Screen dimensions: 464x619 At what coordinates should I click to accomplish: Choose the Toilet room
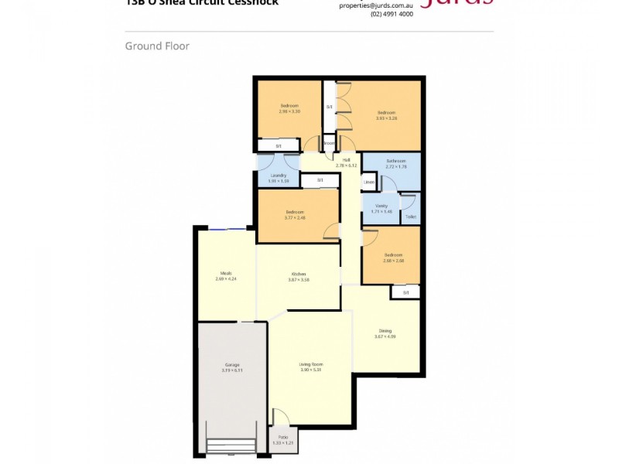(x=410, y=217)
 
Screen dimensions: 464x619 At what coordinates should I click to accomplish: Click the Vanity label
(x=381, y=206)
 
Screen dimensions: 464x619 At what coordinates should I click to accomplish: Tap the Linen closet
(x=369, y=183)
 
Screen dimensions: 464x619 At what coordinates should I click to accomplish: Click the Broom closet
(x=328, y=143)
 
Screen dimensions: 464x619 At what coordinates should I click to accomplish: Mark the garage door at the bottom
(x=231, y=446)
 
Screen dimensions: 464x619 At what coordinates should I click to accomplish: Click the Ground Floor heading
(x=157, y=46)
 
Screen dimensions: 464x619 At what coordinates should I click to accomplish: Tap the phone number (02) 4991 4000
(x=392, y=14)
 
